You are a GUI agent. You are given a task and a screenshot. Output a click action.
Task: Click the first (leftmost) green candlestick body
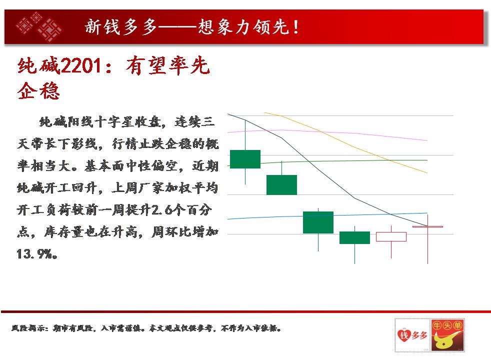(x=245, y=159)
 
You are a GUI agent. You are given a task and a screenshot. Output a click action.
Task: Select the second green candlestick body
(x=281, y=185)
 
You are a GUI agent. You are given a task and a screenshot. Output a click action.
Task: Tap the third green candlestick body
(x=318, y=222)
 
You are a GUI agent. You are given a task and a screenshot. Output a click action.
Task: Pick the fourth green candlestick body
(x=354, y=237)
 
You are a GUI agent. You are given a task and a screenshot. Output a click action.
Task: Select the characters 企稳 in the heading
(x=38, y=91)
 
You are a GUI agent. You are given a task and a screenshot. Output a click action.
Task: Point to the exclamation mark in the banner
(x=295, y=26)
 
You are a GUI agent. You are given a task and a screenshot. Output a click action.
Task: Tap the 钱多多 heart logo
(x=412, y=335)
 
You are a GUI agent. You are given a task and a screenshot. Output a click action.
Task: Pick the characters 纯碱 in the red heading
(x=38, y=65)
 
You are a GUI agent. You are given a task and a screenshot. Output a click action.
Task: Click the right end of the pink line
(x=427, y=140)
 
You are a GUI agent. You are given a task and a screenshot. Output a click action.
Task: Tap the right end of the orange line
(x=427, y=173)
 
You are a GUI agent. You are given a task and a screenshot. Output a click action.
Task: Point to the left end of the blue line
(x=227, y=219)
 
